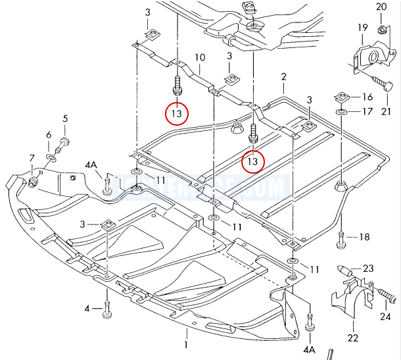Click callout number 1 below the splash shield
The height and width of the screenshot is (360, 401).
(186, 344)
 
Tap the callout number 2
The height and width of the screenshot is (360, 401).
(283, 78)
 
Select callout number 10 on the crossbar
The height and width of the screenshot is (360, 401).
(200, 57)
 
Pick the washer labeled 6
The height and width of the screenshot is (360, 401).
(51, 160)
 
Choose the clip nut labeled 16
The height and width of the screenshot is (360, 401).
(341, 97)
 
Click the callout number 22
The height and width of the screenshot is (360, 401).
(353, 339)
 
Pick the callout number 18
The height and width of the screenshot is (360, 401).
(364, 236)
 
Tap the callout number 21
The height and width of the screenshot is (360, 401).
(385, 101)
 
